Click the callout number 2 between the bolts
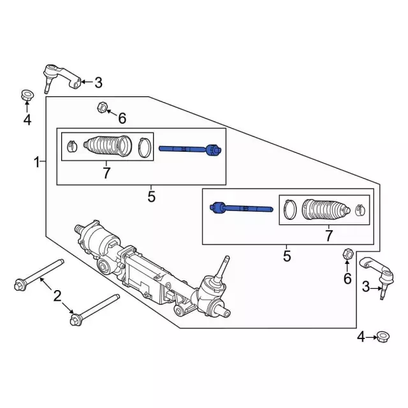57,295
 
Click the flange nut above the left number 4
26,96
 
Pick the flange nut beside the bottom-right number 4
382,336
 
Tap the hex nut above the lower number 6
347,254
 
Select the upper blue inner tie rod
189,149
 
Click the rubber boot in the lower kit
326,210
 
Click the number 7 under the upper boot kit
106,172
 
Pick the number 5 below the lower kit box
287,256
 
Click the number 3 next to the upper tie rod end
98,82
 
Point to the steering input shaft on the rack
224,267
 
